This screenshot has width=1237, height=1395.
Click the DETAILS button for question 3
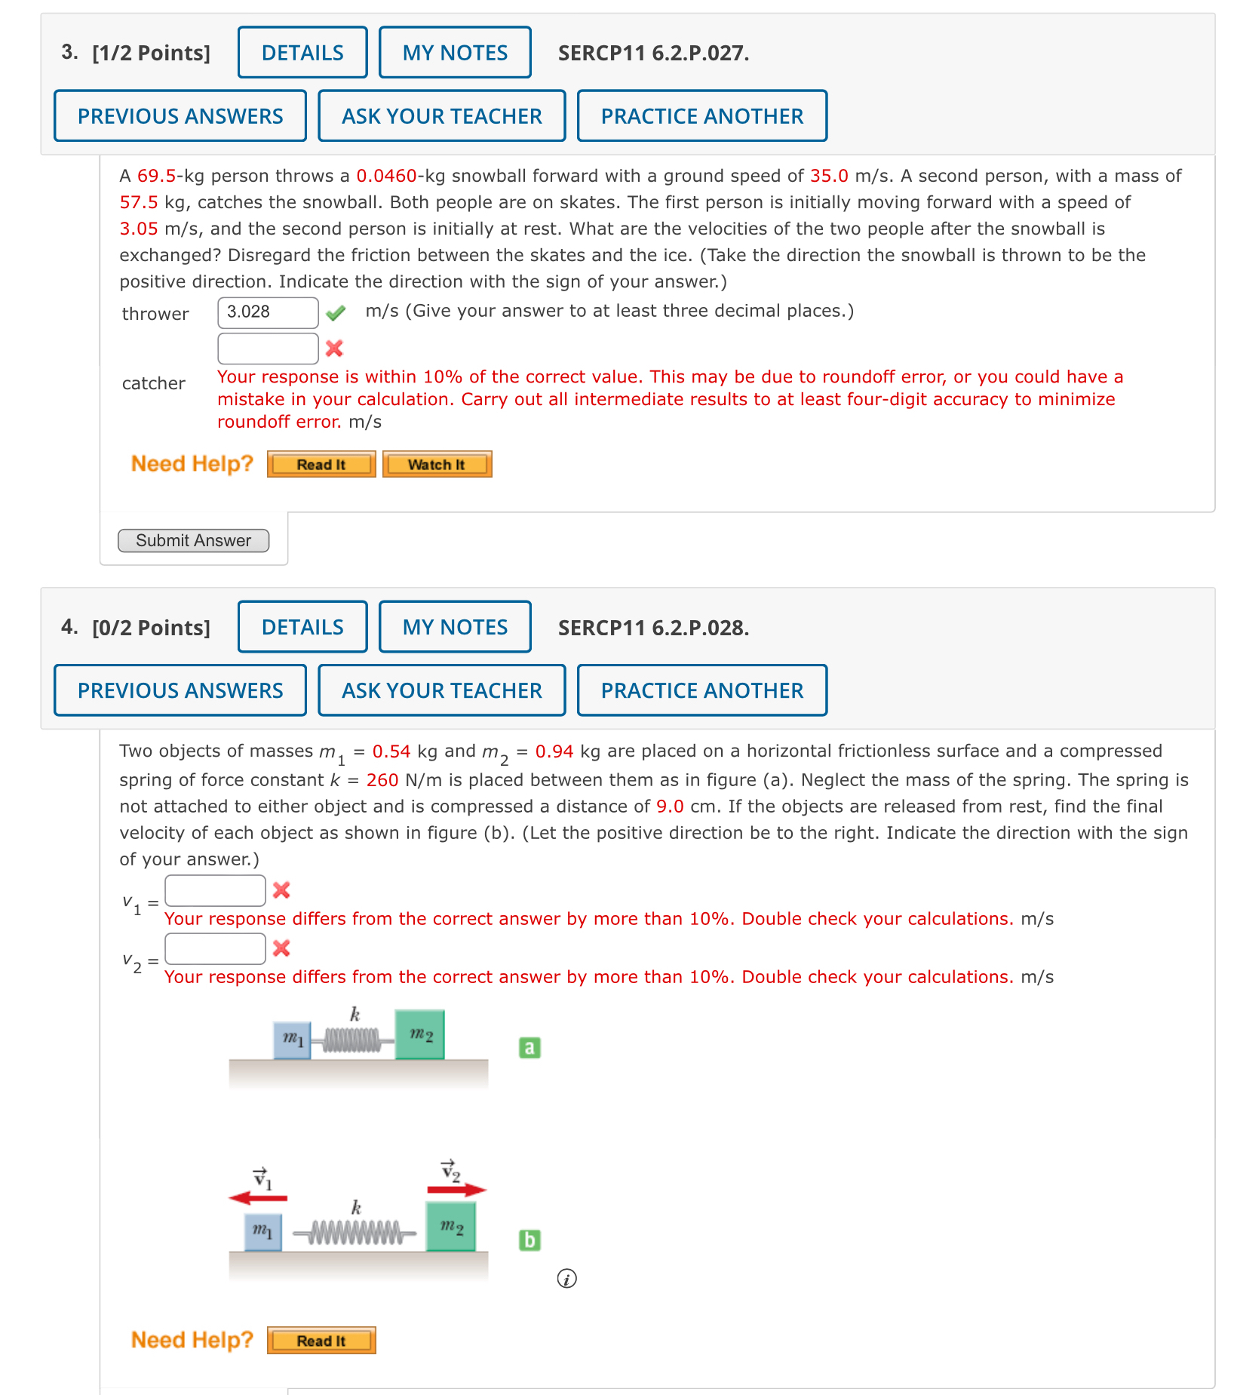click(x=302, y=53)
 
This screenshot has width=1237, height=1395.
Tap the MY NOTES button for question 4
click(x=455, y=627)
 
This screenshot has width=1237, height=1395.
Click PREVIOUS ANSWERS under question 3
click(x=180, y=116)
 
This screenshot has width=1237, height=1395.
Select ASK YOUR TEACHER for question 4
click(x=442, y=690)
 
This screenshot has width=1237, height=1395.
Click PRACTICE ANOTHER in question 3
click(x=702, y=116)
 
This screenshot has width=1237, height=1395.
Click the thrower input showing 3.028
click(x=268, y=312)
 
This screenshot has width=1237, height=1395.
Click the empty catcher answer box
click(x=268, y=349)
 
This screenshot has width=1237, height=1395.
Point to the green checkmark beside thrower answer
click(x=336, y=312)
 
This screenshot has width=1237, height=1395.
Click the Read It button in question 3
click(x=321, y=465)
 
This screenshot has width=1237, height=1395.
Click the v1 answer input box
click(x=215, y=890)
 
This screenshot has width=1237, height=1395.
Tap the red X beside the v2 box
click(x=281, y=948)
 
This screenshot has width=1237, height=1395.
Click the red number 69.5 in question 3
click(x=156, y=176)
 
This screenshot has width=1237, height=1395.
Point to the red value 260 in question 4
click(x=382, y=780)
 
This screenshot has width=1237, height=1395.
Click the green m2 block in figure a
click(x=420, y=1035)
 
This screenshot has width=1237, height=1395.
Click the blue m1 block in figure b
click(x=262, y=1231)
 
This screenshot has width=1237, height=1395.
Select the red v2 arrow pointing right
click(x=456, y=1190)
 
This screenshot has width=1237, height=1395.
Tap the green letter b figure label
click(x=529, y=1240)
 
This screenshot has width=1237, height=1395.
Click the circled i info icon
click(x=566, y=1278)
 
